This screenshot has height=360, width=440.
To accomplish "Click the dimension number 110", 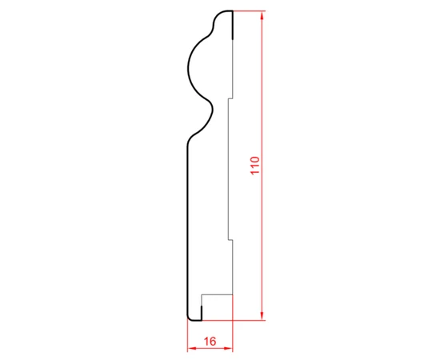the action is click(255, 166).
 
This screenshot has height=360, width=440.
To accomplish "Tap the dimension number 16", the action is click(210, 342).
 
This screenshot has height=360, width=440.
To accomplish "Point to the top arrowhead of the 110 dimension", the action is click(262, 15).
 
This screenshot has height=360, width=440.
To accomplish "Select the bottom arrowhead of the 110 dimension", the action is click(262, 315).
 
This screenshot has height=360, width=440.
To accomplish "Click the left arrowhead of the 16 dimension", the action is click(192, 349).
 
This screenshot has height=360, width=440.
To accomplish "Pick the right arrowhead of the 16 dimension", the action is click(229, 349).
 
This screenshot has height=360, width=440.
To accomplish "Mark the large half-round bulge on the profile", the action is click(187, 67).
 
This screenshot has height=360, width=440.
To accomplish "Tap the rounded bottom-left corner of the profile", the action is click(189, 318).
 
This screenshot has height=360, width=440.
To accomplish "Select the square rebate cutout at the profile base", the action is click(217, 307).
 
